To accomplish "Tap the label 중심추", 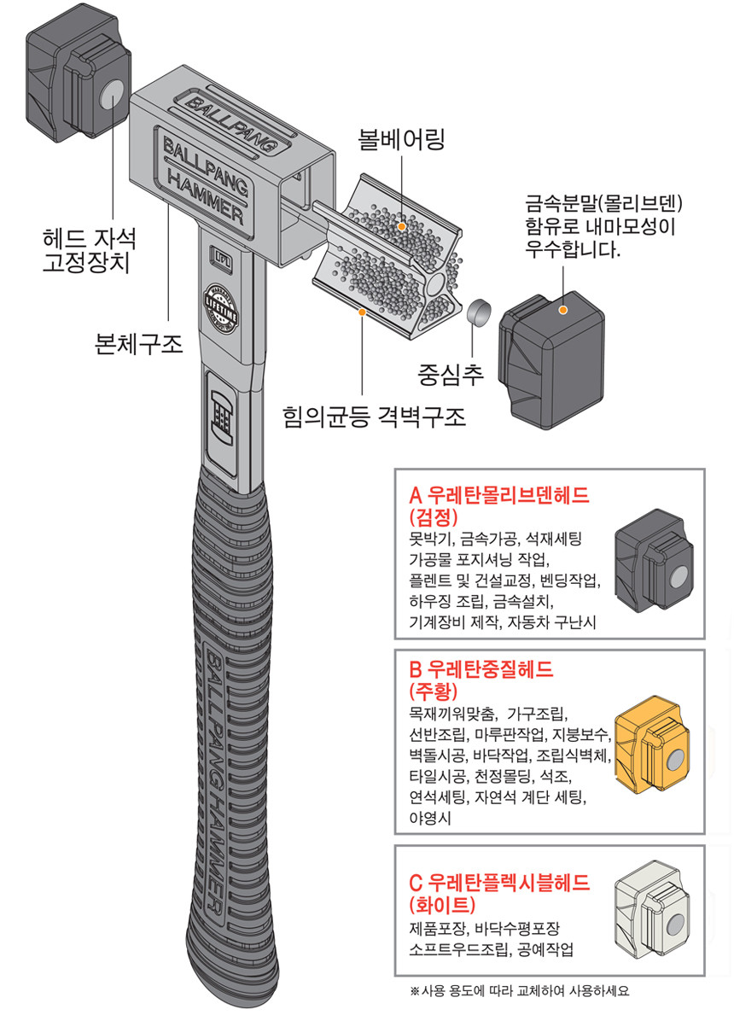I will click(451, 373).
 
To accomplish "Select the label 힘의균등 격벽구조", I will click(376, 418).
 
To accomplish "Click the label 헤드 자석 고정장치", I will click(87, 248).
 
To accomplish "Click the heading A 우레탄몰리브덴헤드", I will click(500, 497).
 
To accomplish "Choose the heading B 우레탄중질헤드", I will click(481, 670).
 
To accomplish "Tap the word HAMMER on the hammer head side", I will click(206, 195).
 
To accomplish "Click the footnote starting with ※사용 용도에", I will click(520, 991).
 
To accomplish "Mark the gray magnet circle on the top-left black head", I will click(112, 96).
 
